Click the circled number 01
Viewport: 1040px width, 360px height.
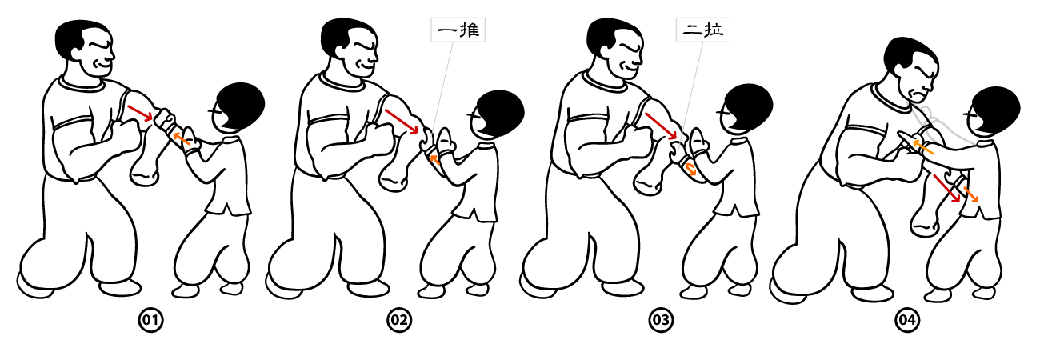(151, 320)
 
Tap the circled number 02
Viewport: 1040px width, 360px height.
(399, 320)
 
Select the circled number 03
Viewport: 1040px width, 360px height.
(661, 320)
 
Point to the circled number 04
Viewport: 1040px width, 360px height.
(907, 320)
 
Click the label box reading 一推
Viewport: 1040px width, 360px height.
(458, 30)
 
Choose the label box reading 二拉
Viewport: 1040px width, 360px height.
(703, 30)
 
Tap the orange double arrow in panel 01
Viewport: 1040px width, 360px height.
(182, 138)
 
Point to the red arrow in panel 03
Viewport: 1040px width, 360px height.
(661, 126)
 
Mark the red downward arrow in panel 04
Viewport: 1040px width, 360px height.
(946, 189)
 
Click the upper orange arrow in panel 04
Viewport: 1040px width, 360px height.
(924, 146)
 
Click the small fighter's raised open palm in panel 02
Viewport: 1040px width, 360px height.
(444, 139)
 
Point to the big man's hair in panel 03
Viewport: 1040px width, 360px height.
(610, 37)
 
